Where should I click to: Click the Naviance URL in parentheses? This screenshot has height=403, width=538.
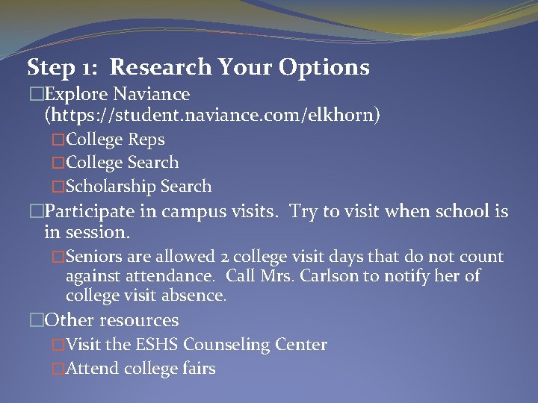coord(212,116)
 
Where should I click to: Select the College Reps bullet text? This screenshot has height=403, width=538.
coord(115,140)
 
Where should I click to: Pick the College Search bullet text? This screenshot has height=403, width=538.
coord(122,163)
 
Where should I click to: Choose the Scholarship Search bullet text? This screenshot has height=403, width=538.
coord(138,187)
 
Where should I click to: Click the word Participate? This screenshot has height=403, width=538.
coord(91,212)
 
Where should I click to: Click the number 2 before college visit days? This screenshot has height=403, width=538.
coord(225,257)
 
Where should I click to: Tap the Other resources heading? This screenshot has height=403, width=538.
coord(111,321)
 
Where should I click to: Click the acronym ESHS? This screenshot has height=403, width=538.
coord(157,345)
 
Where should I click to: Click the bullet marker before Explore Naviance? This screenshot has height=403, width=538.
coord(32,95)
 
